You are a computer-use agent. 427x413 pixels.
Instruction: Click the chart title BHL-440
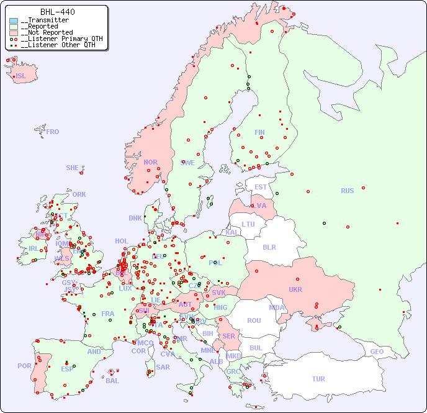tap(57, 12)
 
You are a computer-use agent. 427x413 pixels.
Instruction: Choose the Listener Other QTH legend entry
tap(58, 45)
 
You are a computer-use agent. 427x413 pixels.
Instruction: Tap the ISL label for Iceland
tap(21, 76)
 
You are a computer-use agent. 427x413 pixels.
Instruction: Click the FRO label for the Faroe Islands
tap(53, 132)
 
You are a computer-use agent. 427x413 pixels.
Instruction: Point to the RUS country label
tap(347, 191)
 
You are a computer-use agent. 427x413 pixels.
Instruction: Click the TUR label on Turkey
tap(318, 379)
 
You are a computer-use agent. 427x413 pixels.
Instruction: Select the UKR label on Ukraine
tap(295, 289)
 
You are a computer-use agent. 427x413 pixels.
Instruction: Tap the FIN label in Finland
tap(259, 132)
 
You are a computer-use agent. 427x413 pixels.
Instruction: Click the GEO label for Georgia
tap(377, 352)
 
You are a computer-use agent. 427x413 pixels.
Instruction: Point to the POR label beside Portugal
tap(24, 366)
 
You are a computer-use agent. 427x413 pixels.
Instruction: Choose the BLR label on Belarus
tap(269, 247)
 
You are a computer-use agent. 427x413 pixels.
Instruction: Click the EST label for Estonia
tap(261, 187)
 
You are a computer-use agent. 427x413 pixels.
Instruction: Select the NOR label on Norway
tap(150, 162)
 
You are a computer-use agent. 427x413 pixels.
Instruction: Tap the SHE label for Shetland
tap(73, 168)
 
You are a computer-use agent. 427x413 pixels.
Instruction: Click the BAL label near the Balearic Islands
tap(112, 381)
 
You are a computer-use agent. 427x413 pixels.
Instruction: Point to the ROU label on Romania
tap(254, 320)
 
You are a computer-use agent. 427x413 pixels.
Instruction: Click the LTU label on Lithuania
tap(248, 224)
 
